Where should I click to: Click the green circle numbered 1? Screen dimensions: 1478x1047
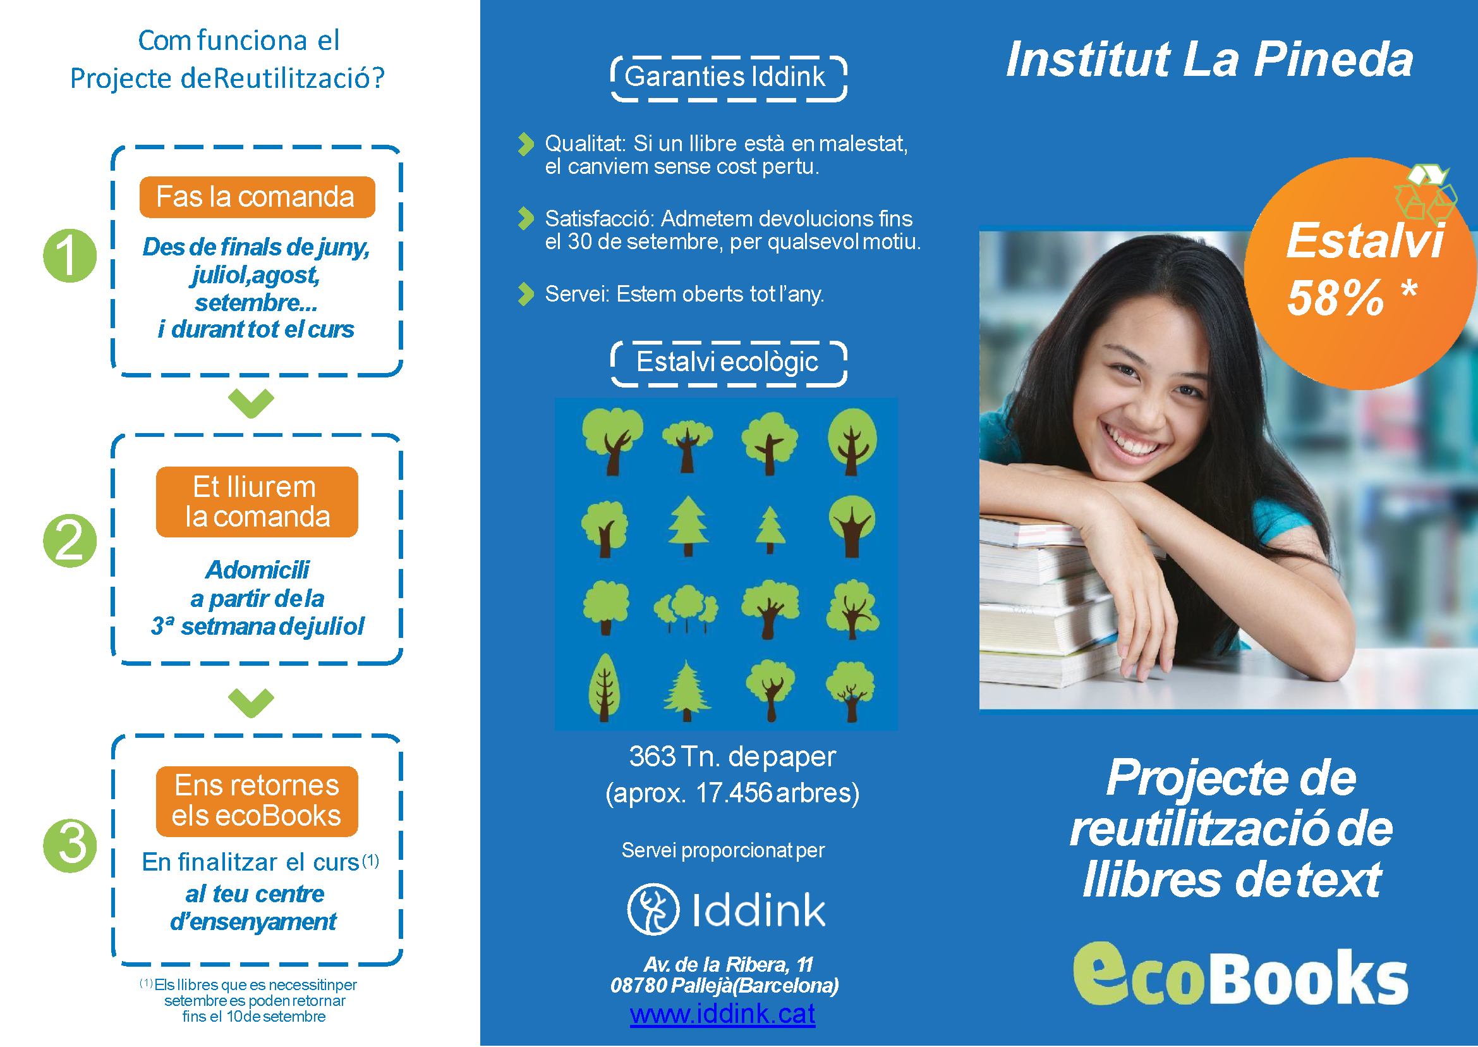tap(70, 256)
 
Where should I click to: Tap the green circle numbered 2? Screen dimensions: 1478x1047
tap(70, 541)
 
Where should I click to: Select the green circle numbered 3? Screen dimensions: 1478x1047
tap(70, 845)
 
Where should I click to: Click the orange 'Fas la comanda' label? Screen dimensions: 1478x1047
tap(257, 197)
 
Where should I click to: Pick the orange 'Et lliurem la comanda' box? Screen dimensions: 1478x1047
tap(257, 502)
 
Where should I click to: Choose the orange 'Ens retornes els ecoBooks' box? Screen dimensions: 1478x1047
tap(257, 801)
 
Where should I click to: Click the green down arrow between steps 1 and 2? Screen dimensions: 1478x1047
tap(251, 403)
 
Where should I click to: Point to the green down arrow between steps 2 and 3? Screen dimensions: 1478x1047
tap(251, 702)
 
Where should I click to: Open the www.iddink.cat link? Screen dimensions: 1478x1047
tap(722, 1014)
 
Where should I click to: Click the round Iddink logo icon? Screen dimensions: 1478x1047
tap(653, 910)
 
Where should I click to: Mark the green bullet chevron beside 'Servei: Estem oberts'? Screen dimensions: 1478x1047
tap(526, 294)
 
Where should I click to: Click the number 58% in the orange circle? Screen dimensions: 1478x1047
tap(1335, 298)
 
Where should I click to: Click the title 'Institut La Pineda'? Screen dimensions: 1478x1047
tap(1209, 59)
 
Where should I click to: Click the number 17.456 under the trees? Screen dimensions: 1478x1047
tap(734, 793)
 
